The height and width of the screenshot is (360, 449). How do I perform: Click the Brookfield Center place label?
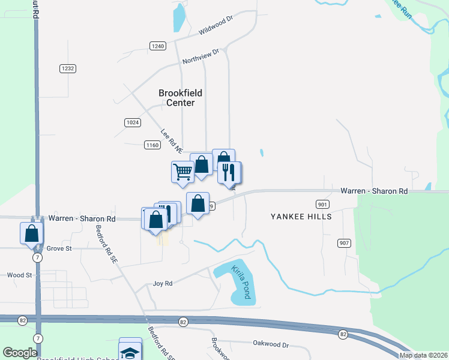coord(180,98)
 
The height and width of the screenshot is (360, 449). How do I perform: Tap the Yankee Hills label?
coord(301,216)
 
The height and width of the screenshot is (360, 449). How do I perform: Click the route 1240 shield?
coord(158,46)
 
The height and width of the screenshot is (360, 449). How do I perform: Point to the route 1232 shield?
coord(67,68)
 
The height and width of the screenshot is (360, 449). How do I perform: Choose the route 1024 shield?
coord(133,122)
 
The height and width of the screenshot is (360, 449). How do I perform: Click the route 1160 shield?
coord(152,145)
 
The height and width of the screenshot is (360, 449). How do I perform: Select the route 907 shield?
coord(344,242)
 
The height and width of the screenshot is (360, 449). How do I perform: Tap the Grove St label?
coord(59,248)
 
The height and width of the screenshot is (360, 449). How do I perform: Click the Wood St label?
coord(19,275)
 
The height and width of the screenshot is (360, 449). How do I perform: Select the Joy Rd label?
coord(163,283)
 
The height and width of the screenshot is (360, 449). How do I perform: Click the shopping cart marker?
coord(182,172)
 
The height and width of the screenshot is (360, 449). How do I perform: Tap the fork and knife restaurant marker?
coord(229,173)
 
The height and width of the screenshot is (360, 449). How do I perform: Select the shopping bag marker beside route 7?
coord(31,233)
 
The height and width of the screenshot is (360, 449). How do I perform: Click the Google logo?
coord(20,353)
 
